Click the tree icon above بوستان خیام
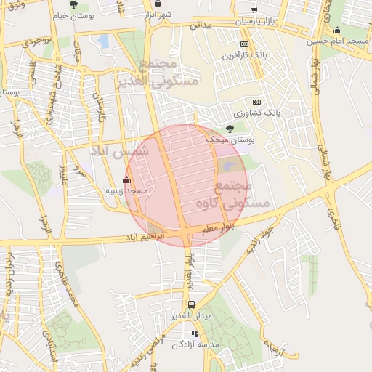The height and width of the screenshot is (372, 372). (x=73, y=4)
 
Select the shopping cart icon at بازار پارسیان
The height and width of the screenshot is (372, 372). (x=254, y=10)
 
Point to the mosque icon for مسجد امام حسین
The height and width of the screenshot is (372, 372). (x=337, y=31)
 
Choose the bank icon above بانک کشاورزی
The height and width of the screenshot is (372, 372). (x=256, y=102)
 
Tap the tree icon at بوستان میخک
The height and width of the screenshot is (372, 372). (x=230, y=129)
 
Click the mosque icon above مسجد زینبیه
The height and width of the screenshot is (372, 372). (x=127, y=179)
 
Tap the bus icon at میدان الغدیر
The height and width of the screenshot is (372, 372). (x=191, y=305)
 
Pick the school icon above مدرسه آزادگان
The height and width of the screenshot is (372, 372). (x=195, y=334)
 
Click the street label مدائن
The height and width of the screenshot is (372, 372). (x=201, y=25)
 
